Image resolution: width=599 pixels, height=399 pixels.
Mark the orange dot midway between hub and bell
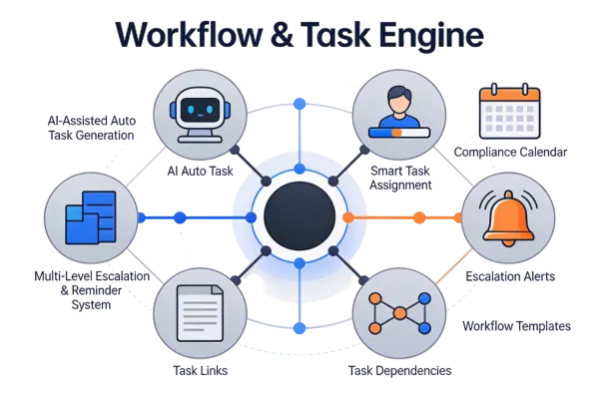pyautogui.click(x=419, y=216)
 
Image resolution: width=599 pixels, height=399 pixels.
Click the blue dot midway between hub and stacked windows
pyautogui.click(x=180, y=216)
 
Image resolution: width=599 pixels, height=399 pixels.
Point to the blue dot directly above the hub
pyautogui.click(x=298, y=103)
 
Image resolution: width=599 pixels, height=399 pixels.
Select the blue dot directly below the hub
pyautogui.click(x=298, y=328)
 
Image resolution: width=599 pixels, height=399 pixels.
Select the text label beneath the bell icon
pyautogui.click(x=510, y=272)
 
